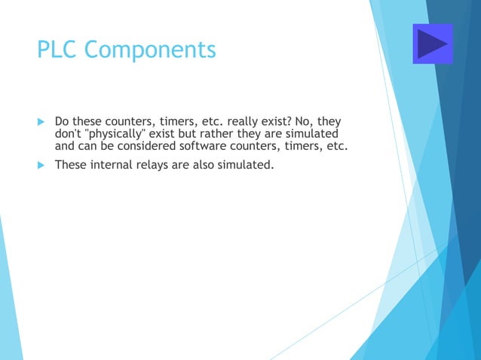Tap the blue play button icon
433,44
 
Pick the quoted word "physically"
120,133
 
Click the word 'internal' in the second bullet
112,164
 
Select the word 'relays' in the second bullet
154,164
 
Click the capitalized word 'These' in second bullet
72,164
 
